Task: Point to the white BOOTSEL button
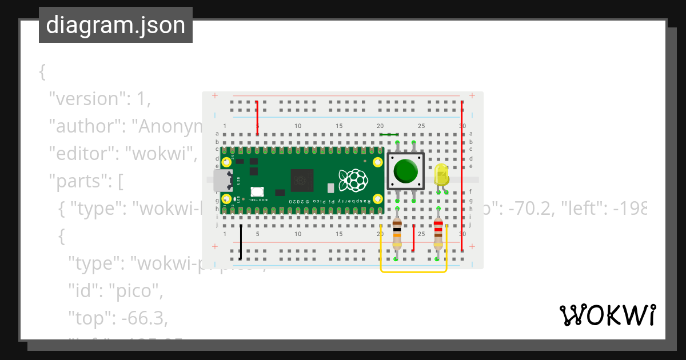257,192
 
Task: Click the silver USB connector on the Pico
222,180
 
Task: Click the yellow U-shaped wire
414,271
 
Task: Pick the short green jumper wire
389,135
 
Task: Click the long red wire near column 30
462,177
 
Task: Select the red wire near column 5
257,118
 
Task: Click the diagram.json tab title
115,25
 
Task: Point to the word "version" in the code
86,99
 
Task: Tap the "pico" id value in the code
137,291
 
